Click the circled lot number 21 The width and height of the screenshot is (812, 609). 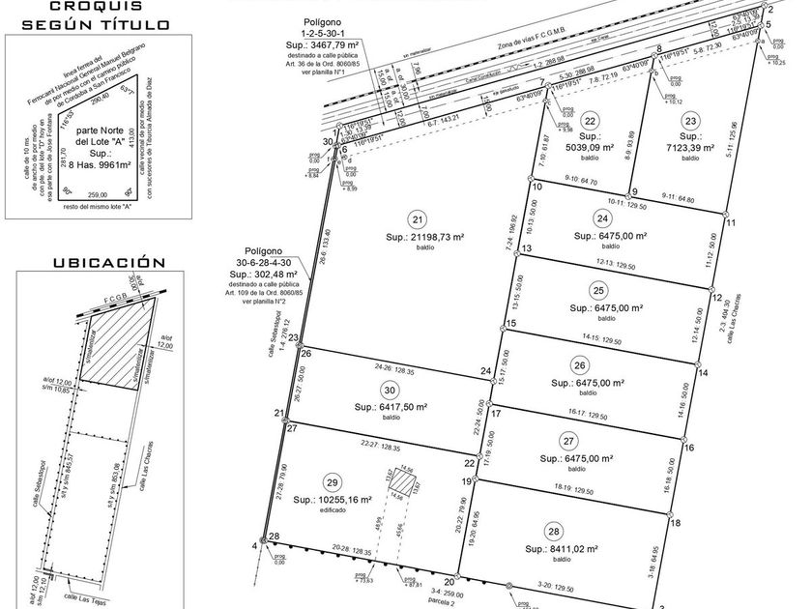point(418,217)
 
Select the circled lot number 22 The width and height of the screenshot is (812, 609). point(591,121)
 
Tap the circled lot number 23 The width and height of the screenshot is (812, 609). point(689,121)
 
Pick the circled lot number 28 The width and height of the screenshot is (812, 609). point(553,532)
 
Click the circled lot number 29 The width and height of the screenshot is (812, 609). point(333,482)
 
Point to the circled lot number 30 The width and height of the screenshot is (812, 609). point(390,390)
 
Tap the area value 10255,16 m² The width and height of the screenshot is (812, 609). point(332,500)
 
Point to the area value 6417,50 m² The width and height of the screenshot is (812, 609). point(390,407)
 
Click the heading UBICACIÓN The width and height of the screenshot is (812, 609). point(95,262)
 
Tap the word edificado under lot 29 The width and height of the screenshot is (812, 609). point(333,511)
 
